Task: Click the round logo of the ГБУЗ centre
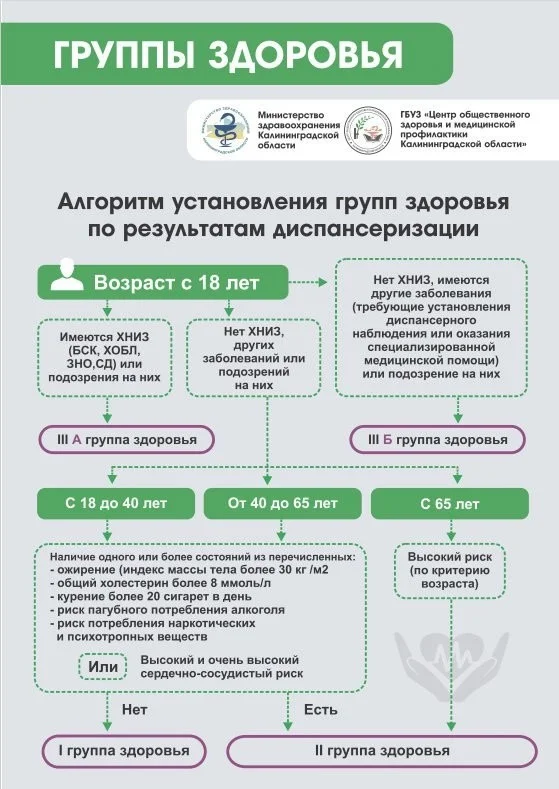(x=367, y=130)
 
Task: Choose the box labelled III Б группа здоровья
(x=437, y=439)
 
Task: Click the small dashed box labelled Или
(x=103, y=667)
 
